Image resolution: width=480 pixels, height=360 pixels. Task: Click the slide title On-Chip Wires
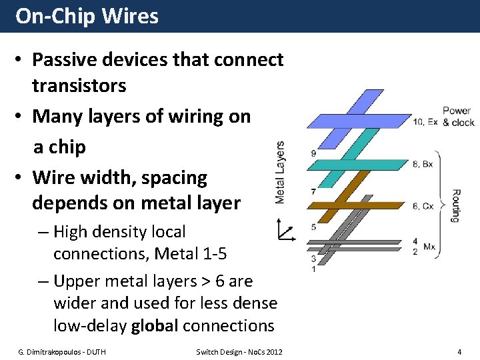(87, 16)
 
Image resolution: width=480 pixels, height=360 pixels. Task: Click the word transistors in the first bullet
(79, 85)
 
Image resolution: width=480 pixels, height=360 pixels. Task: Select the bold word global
(155, 325)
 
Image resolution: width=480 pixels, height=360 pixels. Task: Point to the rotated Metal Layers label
(280, 172)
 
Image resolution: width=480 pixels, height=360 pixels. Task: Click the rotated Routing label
(456, 205)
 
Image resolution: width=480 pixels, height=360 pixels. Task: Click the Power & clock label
(458, 116)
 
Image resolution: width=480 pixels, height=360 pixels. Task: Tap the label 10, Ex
(425, 122)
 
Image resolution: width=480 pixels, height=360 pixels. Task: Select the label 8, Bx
(423, 164)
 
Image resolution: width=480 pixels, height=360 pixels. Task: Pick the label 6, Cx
(423, 206)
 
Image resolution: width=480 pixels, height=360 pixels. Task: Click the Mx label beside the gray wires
(429, 247)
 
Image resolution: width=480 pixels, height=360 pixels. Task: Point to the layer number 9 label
(313, 154)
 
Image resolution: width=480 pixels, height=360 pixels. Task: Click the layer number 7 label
(313, 192)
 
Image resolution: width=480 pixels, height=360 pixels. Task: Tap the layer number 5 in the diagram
(313, 227)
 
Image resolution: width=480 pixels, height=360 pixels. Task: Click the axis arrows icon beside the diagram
(285, 232)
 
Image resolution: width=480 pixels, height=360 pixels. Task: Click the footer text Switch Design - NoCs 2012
(239, 351)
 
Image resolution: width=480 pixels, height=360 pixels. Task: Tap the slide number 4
(459, 351)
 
